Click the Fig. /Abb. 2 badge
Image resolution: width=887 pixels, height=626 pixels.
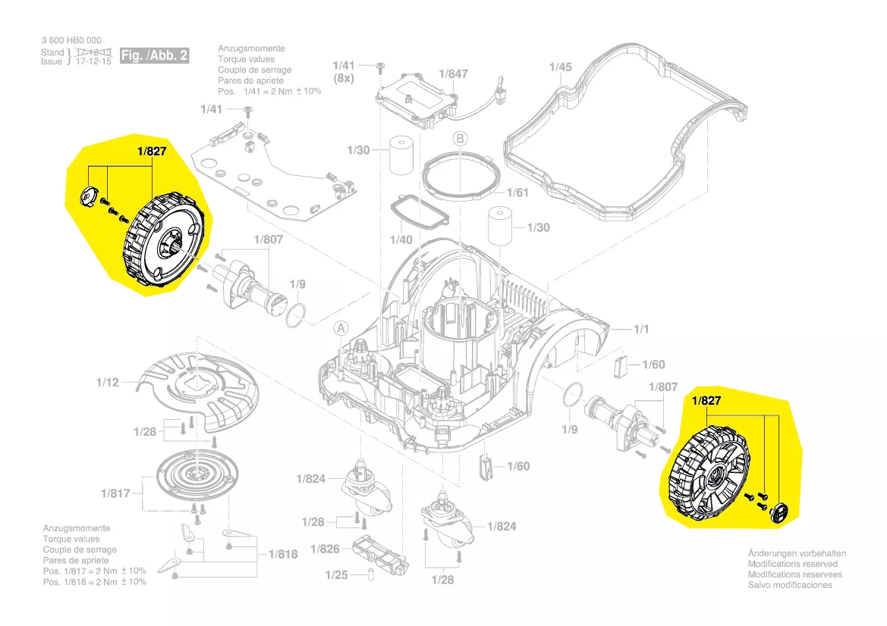tap(155, 55)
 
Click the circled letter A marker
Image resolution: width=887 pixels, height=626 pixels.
tap(341, 328)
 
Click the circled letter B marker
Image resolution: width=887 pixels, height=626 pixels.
tap(460, 139)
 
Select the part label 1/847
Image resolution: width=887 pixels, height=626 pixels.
tap(454, 74)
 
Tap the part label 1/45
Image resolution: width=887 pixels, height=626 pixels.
tap(560, 67)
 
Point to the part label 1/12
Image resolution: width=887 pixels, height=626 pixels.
tap(108, 383)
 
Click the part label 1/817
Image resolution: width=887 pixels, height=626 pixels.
tap(115, 493)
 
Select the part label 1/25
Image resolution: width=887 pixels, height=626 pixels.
tap(336, 575)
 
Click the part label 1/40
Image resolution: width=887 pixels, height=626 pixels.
tap(401, 240)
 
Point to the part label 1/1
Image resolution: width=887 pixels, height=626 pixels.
tap(642, 329)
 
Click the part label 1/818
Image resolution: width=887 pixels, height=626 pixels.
tap(282, 554)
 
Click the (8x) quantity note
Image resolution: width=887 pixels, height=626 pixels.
tap(344, 79)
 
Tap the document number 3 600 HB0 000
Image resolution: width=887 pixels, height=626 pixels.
tap(71, 40)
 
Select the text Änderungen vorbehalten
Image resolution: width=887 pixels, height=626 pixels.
tap(797, 553)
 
